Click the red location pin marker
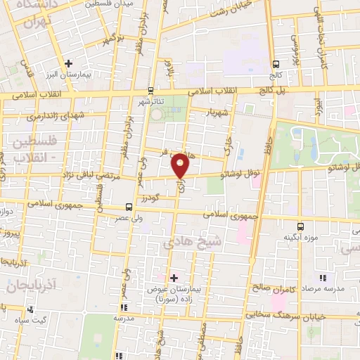tap(181, 165)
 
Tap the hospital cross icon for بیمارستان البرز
tap(68, 63)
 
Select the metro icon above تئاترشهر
tap(151, 90)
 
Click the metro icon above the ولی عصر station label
tap(128, 207)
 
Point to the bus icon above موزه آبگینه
tap(301, 226)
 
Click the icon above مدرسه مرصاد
tap(323, 278)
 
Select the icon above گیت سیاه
tap(30, 309)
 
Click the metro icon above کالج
tap(276, 62)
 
